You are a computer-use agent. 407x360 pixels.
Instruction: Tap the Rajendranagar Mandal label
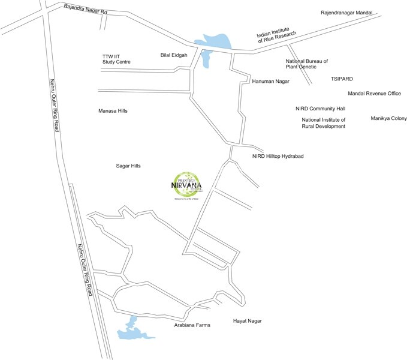[x=347, y=13]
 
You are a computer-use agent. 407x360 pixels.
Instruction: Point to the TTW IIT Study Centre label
[x=116, y=59]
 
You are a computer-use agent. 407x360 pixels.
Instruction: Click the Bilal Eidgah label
[x=174, y=55]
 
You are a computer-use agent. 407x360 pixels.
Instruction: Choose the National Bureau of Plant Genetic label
[x=306, y=65]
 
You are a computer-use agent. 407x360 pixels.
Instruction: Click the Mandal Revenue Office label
[x=374, y=94]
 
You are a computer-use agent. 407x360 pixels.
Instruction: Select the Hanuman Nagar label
[x=270, y=80]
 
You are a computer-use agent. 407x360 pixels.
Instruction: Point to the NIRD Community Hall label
[x=320, y=109]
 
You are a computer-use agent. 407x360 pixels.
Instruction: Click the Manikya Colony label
[x=388, y=118]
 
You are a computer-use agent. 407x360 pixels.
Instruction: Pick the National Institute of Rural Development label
[x=323, y=123]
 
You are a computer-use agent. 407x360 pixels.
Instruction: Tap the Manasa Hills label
[x=113, y=111]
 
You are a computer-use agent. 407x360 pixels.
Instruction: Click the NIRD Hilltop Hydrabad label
[x=278, y=156]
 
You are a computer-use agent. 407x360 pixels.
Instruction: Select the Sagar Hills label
[x=128, y=166]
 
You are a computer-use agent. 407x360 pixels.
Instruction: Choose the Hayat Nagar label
[x=247, y=321]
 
